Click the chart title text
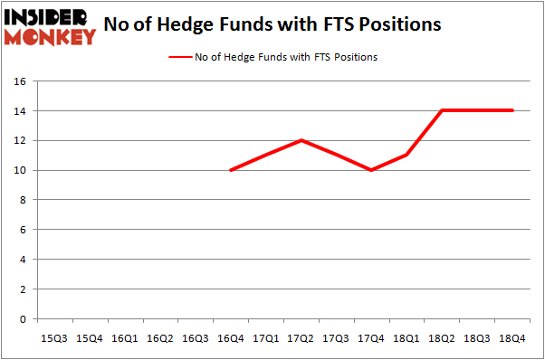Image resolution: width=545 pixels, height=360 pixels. click(272, 24)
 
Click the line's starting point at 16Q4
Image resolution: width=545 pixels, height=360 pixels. click(231, 170)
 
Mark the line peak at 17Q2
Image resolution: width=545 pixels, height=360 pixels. click(301, 140)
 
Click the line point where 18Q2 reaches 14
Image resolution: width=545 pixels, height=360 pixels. click(443, 110)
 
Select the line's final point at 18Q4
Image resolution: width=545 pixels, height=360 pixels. click(513, 110)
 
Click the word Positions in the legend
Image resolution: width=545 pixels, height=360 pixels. click(355, 57)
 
